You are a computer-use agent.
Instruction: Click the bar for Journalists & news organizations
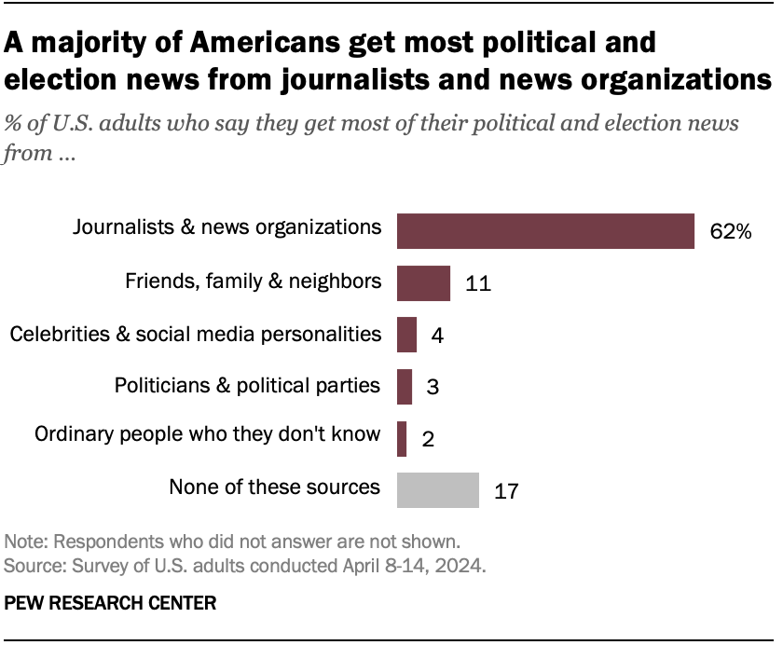tap(545, 230)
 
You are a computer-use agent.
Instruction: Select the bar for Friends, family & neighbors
tap(423, 283)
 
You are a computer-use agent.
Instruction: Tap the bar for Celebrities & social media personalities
tap(406, 335)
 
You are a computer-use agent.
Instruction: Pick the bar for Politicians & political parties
tap(405, 386)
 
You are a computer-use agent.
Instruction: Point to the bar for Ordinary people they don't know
tap(402, 438)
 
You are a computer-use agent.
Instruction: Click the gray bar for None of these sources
tap(438, 489)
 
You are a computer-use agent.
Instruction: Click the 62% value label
tap(731, 232)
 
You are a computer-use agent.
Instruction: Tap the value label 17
tap(505, 490)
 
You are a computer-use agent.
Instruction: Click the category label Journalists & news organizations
tap(227, 226)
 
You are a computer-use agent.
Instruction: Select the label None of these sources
tap(274, 486)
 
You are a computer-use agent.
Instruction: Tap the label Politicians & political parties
tap(247, 383)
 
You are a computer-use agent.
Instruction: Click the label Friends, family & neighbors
tap(254, 280)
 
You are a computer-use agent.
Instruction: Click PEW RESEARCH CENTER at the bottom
tap(110, 603)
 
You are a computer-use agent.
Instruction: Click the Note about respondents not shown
tap(232, 542)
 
